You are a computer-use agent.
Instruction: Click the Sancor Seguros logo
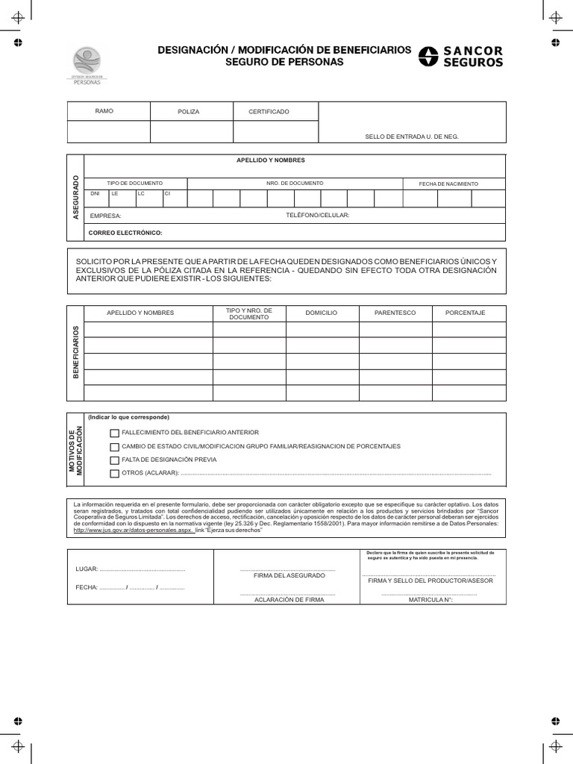click(x=460, y=57)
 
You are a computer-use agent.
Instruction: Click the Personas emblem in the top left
click(x=86, y=66)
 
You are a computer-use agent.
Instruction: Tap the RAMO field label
click(x=104, y=110)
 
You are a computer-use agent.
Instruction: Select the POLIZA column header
click(x=188, y=111)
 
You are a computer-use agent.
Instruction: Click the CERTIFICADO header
click(x=269, y=111)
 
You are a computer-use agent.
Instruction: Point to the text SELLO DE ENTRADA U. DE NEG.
click(x=412, y=137)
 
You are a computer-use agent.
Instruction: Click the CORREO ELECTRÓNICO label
click(x=125, y=233)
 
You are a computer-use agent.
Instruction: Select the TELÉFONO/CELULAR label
click(x=318, y=215)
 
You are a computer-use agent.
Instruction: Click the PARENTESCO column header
click(x=395, y=313)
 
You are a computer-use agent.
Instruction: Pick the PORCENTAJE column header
click(x=465, y=313)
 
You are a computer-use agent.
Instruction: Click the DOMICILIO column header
click(x=322, y=313)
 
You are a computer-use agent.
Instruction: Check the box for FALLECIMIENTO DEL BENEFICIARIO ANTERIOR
click(x=114, y=433)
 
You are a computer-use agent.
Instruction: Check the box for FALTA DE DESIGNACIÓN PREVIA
click(x=114, y=460)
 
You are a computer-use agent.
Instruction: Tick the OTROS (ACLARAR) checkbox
click(x=114, y=474)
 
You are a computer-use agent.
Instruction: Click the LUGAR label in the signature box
click(x=87, y=569)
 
